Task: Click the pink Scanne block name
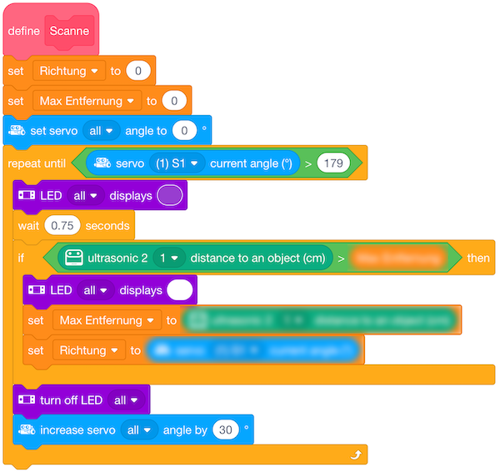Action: coord(69,32)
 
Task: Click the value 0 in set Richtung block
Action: coord(137,71)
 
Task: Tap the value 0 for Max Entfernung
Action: coord(173,101)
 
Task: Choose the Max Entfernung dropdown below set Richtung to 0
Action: coord(87,101)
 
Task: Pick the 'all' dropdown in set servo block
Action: coord(102,131)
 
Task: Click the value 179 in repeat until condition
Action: coord(333,163)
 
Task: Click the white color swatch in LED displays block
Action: coord(179,289)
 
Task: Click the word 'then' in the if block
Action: coord(478,258)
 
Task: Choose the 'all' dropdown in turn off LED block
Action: coord(126,400)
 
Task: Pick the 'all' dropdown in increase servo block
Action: coord(139,430)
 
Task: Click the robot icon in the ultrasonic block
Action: coord(74,258)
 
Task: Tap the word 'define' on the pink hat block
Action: coord(24,32)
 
